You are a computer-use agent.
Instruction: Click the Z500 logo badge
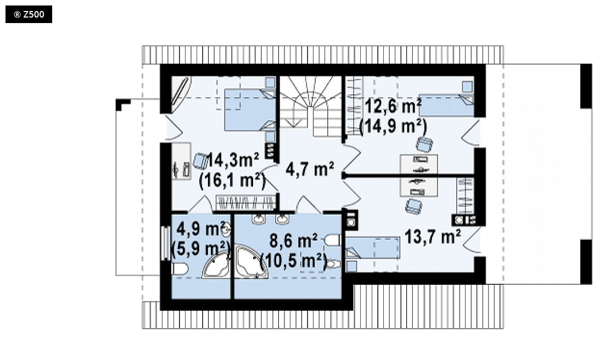point(29,14)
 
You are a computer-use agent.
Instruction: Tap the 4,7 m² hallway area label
point(310,169)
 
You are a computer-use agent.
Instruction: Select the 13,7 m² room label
point(433,237)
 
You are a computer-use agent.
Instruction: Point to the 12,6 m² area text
point(394,106)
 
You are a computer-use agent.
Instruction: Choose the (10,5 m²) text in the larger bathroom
point(294,260)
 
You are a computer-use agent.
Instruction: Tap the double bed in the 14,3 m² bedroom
point(250,110)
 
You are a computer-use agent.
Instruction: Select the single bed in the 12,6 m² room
point(446,105)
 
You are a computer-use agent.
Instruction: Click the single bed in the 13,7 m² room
point(372,248)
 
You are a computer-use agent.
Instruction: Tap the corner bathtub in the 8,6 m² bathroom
point(251,262)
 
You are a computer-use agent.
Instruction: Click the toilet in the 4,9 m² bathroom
point(180,269)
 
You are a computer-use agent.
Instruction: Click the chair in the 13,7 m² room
point(413,206)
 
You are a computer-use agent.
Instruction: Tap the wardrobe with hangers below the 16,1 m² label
point(246,202)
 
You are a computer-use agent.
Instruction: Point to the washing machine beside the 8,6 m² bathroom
point(351,220)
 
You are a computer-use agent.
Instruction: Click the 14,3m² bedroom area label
point(232,160)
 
